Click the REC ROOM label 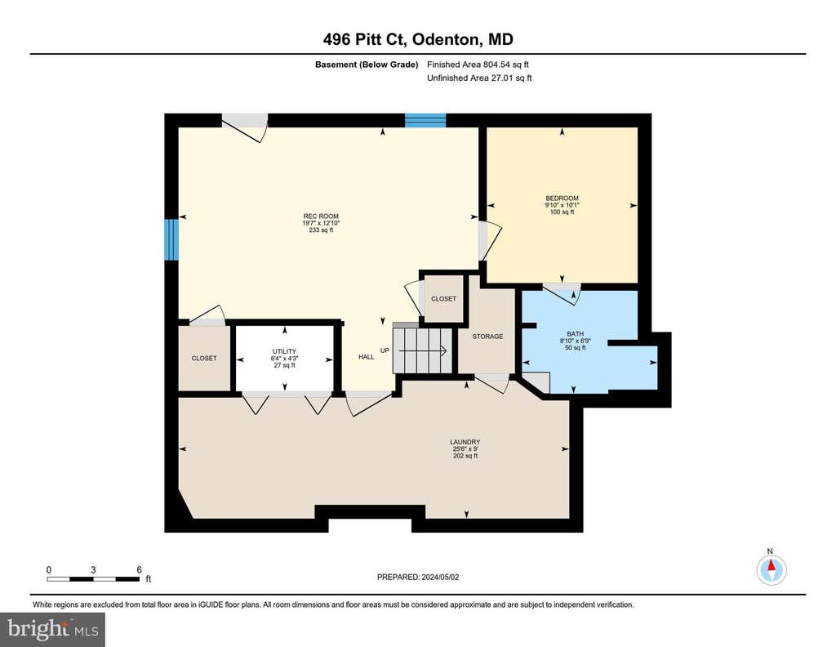(321, 216)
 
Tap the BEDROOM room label (562, 199)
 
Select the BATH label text (576, 334)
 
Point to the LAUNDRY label (465, 442)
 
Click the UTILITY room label (284, 351)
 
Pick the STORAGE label (487, 337)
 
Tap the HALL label (367, 357)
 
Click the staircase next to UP (422, 350)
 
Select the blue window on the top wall (425, 120)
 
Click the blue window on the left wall (171, 239)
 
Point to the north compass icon (771, 569)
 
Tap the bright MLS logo (52, 629)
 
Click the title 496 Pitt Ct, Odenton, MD (418, 39)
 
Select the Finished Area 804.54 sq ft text (478, 65)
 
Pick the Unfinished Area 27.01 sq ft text (479, 78)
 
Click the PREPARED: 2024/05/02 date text (418, 577)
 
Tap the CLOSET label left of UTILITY (204, 359)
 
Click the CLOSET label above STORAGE (443, 299)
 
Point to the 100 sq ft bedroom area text (562, 212)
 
